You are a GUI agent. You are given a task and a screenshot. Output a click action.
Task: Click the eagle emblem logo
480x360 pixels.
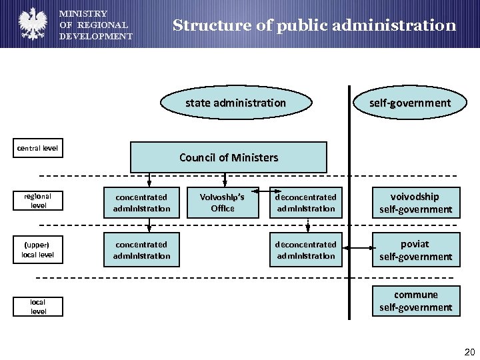[31, 23]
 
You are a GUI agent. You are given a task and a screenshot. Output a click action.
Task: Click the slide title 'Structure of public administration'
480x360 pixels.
[314, 26]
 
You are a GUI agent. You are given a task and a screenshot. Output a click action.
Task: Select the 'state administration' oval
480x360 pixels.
[235, 103]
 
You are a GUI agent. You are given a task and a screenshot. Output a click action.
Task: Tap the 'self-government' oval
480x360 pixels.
[410, 103]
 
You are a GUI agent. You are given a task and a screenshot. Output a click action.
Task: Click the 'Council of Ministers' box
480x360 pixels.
[228, 157]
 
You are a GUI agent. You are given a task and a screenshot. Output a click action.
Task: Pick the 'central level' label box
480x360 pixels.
[38, 148]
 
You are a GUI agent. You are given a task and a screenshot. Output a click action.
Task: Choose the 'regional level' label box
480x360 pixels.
[38, 201]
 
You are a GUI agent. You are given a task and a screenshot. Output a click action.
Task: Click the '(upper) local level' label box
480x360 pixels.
[38, 249]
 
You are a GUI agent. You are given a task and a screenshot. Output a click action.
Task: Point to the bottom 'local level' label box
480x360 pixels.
[38, 307]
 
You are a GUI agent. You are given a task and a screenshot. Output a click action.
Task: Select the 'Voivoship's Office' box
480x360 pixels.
[223, 203]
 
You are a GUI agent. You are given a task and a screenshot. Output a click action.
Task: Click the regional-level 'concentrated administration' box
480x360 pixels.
[141, 203]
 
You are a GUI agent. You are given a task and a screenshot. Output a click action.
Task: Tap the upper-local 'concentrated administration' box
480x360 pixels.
[141, 250]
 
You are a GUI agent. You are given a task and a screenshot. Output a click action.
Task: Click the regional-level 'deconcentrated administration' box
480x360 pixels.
[306, 203]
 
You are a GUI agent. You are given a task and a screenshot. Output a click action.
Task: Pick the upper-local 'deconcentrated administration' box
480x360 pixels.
[306, 250]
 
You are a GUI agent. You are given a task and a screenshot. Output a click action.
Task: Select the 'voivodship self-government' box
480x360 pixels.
[415, 203]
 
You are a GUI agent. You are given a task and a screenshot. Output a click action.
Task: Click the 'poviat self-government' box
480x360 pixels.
[415, 250]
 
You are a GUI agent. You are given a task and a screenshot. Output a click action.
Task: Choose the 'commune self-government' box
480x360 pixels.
[415, 301]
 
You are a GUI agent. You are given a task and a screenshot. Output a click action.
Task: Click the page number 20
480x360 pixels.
[469, 351]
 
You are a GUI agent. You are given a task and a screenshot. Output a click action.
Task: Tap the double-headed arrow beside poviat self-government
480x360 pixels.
[357, 249]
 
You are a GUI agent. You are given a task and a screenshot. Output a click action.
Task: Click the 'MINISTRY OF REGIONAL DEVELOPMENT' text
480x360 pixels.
[95, 25]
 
